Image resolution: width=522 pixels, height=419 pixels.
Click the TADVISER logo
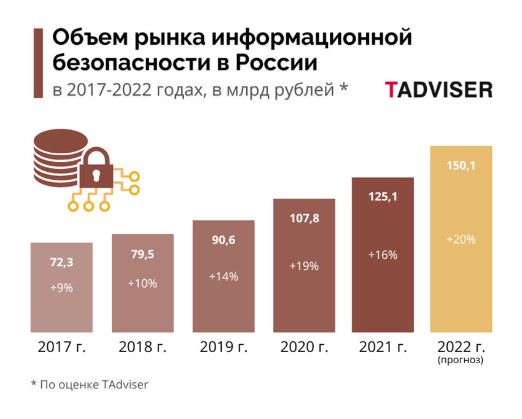point(438,90)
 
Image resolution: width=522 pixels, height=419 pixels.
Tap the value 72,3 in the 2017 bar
point(61,263)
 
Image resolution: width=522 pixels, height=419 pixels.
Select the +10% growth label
point(142,283)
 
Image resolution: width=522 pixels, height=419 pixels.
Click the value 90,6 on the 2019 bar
point(224,240)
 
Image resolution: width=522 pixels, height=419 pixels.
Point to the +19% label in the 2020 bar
point(304,266)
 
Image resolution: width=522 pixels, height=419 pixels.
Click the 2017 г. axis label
point(61,347)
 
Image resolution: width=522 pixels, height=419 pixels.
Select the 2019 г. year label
point(224,347)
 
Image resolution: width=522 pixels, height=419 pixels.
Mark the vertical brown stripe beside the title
point(39,62)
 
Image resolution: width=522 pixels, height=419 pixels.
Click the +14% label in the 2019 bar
point(224,276)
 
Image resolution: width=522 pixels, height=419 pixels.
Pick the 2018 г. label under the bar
point(142,347)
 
